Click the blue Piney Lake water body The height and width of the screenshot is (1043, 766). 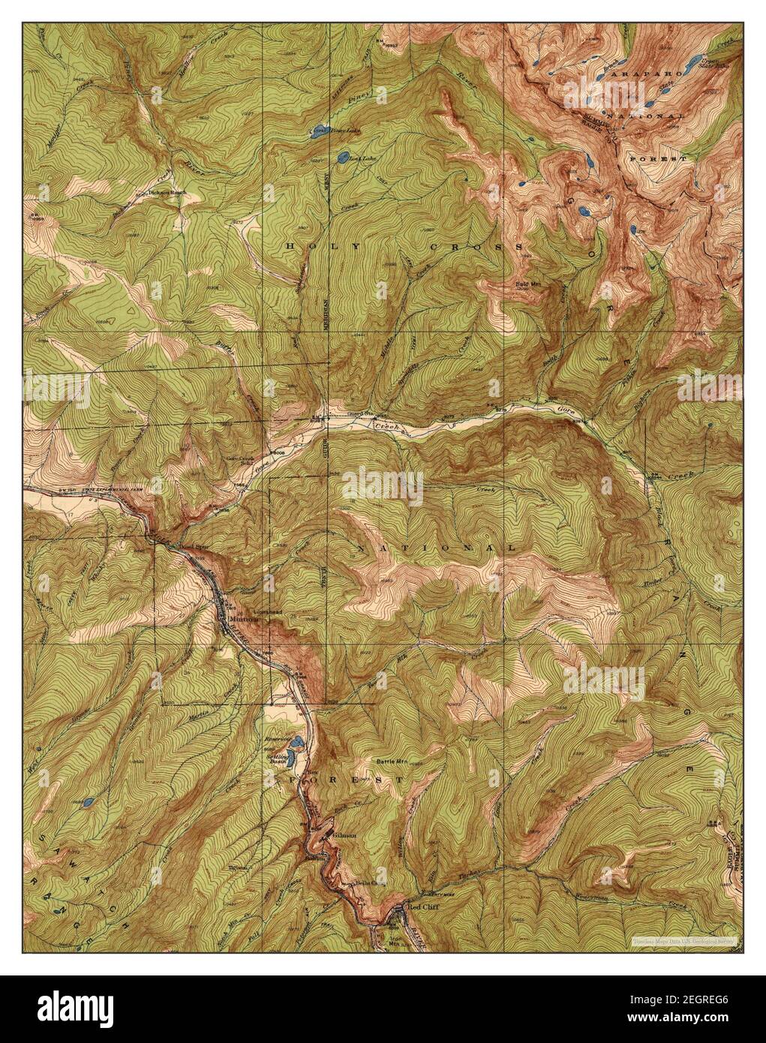tap(318, 133)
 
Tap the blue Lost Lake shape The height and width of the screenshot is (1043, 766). tap(343, 158)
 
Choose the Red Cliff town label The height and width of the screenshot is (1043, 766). tap(419, 906)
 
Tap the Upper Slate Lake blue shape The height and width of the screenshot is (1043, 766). tap(694, 59)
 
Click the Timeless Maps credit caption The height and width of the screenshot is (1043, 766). tap(683, 939)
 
